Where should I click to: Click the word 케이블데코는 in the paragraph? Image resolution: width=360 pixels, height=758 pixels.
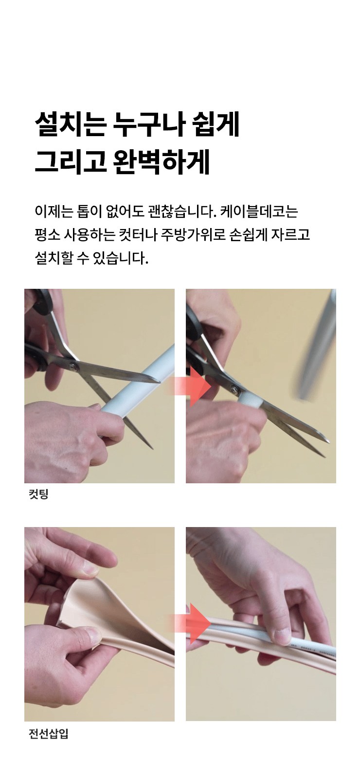point(259,212)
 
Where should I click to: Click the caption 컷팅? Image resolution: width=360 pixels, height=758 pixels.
point(39,494)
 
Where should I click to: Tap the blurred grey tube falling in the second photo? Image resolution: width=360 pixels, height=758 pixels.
point(317,349)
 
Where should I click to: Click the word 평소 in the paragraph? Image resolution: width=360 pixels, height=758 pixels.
point(47,235)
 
